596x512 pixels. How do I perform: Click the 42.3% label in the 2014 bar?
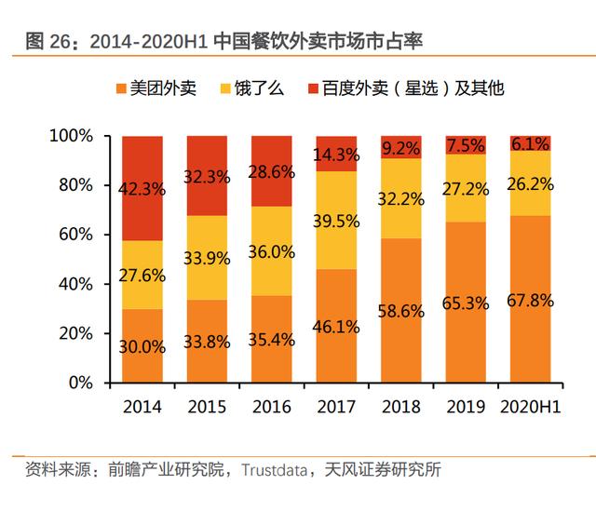coord(143,189)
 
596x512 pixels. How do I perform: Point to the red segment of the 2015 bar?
coord(207,163)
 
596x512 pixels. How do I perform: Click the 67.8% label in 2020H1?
coord(530,301)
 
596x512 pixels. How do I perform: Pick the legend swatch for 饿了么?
coord(225,89)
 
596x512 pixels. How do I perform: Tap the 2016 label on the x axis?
coord(271,407)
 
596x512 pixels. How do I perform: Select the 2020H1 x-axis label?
coord(530,407)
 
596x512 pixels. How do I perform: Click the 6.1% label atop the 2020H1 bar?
coord(530,143)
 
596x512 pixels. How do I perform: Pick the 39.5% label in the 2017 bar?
coord(336,220)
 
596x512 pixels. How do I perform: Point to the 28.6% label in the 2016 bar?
coord(271,172)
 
